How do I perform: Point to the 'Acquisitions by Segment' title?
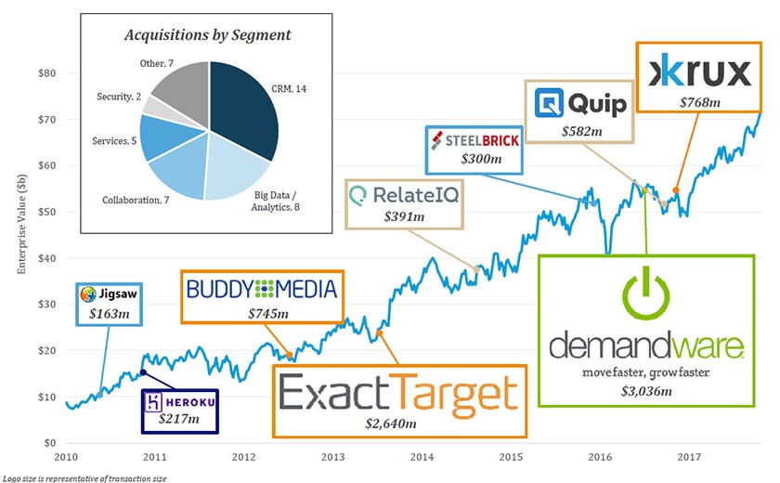tap(209, 35)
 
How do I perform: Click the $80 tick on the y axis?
tap(46, 73)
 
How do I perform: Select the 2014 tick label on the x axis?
tap(422, 457)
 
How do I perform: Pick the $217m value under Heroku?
tap(178, 419)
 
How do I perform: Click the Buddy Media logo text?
tap(261, 288)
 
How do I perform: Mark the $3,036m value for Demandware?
tap(645, 391)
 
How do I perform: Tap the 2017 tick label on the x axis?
tap(688, 457)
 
